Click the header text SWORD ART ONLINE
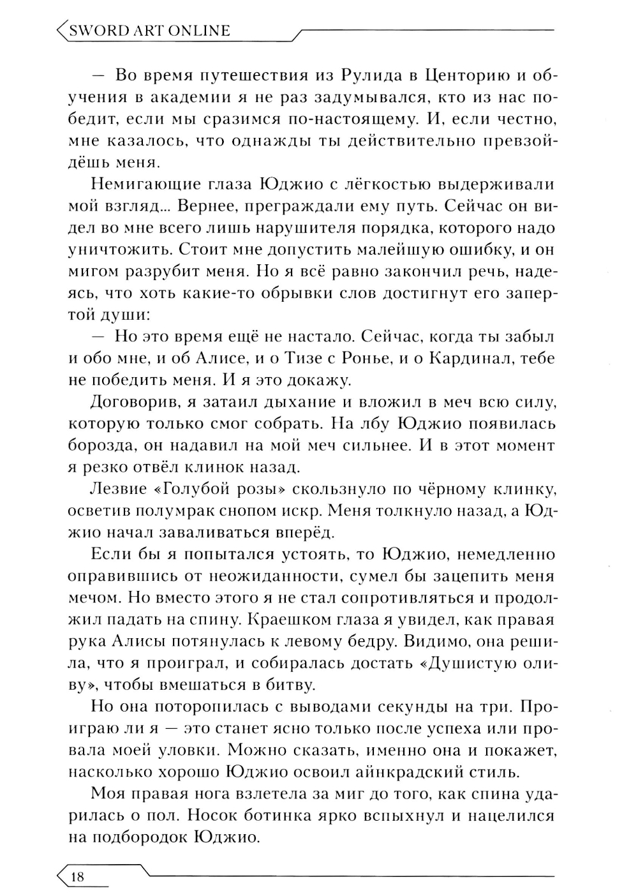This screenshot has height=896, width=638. [x=148, y=30]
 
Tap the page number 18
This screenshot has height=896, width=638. [x=77, y=876]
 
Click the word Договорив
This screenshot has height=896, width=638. [x=133, y=402]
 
